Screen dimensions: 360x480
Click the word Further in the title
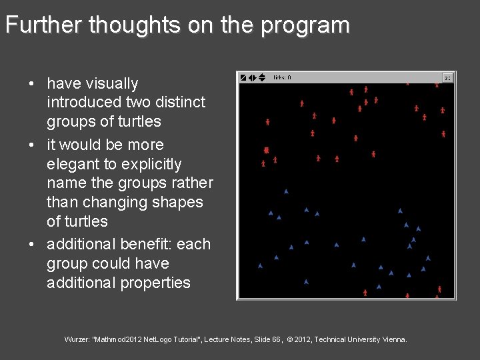coord(43,25)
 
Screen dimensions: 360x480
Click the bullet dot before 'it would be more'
coord(31,145)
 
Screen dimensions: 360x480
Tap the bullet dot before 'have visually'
coord(31,84)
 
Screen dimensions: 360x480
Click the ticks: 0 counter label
coord(282,77)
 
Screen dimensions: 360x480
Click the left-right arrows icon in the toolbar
coord(253,77)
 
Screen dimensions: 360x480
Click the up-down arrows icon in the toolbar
coord(261,77)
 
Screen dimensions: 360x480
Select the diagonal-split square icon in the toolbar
coord(243,77)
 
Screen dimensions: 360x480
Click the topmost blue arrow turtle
coord(286,191)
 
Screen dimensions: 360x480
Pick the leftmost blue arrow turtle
coord(260,266)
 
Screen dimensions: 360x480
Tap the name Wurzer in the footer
coord(77,340)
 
